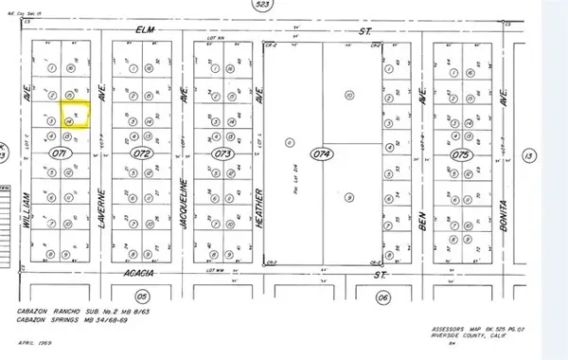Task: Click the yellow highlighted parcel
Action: click(x=75, y=116)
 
